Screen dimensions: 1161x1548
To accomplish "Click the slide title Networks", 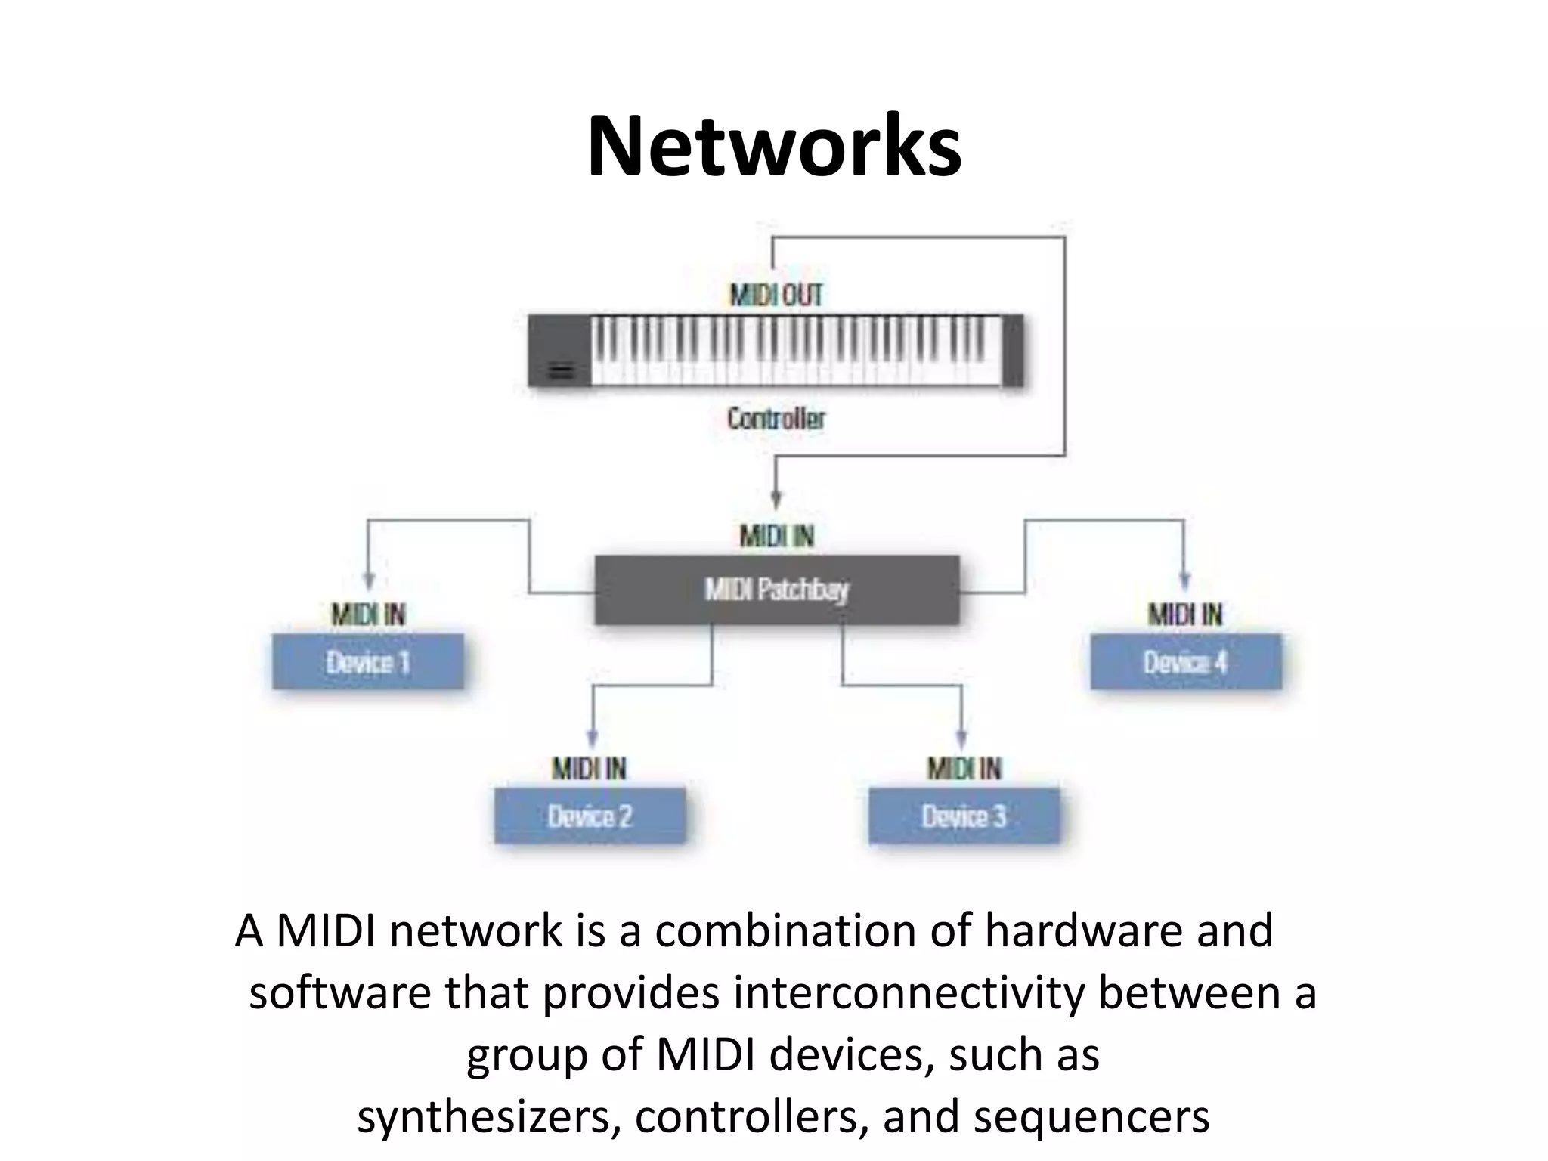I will click(x=774, y=146).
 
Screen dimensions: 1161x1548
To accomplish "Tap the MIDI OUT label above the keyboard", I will click(x=776, y=295).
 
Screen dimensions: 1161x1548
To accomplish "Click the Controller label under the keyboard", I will click(x=776, y=418).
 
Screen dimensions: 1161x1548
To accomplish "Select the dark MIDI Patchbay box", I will click(x=776, y=590).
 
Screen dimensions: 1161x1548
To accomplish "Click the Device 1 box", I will click(x=368, y=662).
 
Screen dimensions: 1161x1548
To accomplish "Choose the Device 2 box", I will click(x=590, y=816).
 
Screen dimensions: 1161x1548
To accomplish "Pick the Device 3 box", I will click(x=964, y=816).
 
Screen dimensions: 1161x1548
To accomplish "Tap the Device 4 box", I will click(x=1185, y=662).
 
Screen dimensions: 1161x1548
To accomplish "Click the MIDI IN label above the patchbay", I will click(x=776, y=536).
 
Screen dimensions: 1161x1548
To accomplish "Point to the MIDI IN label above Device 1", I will click(x=368, y=615).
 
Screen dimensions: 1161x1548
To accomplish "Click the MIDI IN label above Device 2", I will click(x=589, y=769).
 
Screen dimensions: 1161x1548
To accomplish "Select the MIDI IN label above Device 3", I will click(x=964, y=769).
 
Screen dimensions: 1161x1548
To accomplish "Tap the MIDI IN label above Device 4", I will click(x=1184, y=615).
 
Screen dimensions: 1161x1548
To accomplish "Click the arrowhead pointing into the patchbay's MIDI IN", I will click(x=776, y=500).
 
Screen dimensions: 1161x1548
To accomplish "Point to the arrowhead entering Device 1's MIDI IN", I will click(x=368, y=580).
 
